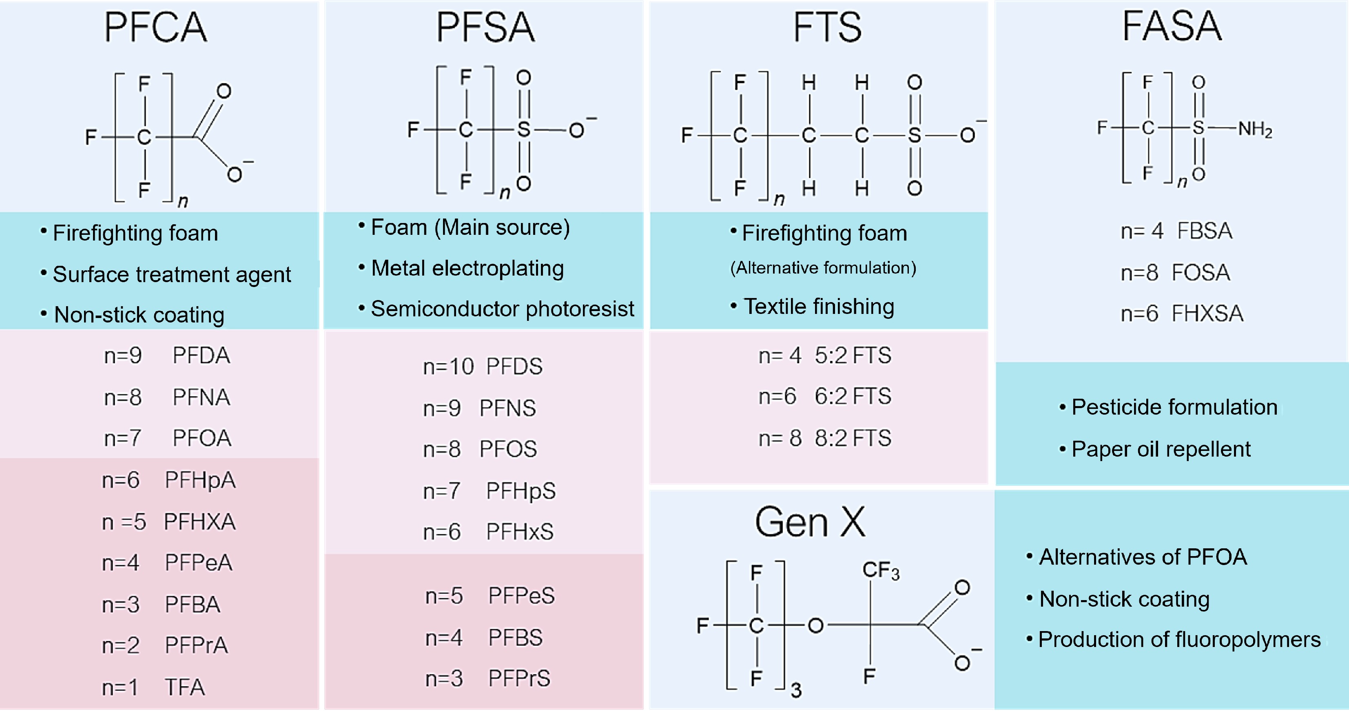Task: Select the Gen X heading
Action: (810, 522)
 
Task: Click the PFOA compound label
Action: (202, 438)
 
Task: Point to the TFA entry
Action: (184, 687)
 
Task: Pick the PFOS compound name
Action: (508, 449)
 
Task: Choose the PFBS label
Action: (515, 638)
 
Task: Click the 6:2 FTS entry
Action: (853, 396)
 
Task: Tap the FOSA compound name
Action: (1200, 273)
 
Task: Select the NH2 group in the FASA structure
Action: (1255, 129)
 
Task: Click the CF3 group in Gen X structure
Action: (881, 571)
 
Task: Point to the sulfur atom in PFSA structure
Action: (524, 129)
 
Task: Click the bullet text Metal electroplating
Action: (467, 268)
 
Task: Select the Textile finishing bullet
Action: (819, 306)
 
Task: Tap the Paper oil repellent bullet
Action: (1161, 449)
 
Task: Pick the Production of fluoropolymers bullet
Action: (1179, 640)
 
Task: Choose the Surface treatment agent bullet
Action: (172, 274)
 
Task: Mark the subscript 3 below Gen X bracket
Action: (796, 690)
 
